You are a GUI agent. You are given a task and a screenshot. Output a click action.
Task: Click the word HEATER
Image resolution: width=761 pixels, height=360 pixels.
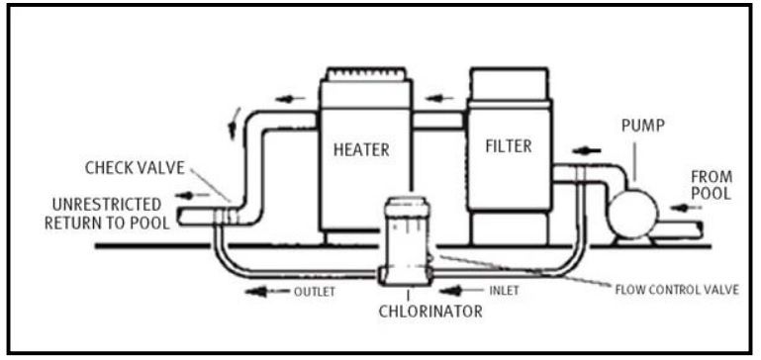(x=361, y=149)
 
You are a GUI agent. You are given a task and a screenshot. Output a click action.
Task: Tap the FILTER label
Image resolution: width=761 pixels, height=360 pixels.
(x=508, y=146)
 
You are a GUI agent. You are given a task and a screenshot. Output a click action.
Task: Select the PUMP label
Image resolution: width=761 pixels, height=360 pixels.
(x=643, y=126)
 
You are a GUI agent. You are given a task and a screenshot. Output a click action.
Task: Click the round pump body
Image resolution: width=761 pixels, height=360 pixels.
(x=633, y=214)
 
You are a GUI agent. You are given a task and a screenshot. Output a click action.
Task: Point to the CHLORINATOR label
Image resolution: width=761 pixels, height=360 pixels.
(x=430, y=311)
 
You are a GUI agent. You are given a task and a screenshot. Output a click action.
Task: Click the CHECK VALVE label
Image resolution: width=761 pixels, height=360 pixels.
(x=135, y=168)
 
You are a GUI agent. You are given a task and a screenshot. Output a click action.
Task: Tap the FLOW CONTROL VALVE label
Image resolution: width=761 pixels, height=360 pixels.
(x=677, y=290)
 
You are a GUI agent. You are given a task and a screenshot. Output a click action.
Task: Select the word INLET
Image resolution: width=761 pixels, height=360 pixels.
(x=505, y=291)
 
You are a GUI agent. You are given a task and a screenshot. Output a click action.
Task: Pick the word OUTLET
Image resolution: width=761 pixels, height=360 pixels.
(x=315, y=292)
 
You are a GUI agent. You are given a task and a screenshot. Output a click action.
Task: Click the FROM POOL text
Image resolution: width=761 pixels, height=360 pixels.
(x=711, y=185)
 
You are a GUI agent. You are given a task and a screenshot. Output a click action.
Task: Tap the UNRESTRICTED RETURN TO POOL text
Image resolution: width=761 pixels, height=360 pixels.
(x=107, y=213)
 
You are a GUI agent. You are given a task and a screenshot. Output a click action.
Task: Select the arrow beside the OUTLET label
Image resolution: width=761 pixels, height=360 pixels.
(x=267, y=292)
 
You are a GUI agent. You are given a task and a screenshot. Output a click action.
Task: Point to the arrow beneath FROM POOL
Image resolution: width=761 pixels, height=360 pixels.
(x=686, y=208)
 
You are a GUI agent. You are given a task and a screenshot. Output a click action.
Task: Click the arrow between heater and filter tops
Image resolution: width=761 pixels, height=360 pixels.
(x=439, y=99)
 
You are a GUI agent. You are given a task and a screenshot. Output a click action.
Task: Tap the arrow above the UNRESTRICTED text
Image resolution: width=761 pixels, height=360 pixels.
(x=193, y=196)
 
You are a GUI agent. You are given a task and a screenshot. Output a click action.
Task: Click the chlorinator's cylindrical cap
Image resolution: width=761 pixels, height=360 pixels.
(x=407, y=208)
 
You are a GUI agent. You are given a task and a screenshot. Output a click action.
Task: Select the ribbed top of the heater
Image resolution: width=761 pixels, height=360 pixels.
(x=366, y=74)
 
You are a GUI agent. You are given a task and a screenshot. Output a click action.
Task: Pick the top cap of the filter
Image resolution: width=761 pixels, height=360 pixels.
(x=509, y=83)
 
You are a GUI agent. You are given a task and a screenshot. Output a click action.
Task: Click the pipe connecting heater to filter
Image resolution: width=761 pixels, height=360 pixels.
(x=439, y=121)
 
